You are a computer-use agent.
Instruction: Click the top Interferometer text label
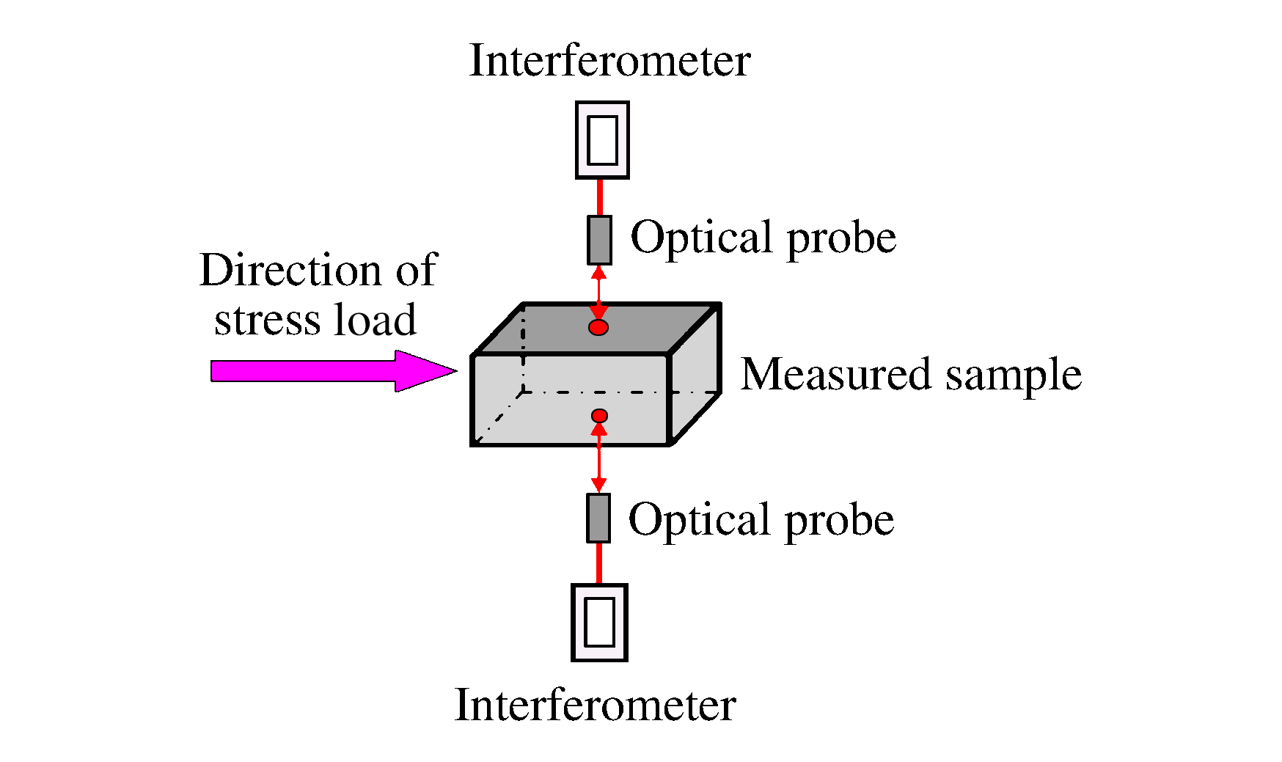point(609,60)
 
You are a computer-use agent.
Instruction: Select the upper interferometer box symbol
point(602,140)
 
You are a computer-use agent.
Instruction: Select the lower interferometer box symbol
point(599,623)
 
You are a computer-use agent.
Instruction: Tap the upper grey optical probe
point(599,240)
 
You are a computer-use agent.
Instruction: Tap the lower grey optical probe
point(598,518)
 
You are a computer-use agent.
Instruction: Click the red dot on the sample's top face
point(598,327)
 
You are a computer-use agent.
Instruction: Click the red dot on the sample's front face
point(599,416)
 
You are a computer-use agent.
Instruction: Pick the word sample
point(1013,375)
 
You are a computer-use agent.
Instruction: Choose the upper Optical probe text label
point(763,238)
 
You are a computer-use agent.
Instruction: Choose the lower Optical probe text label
point(761,520)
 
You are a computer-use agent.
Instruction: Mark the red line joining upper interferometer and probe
point(600,197)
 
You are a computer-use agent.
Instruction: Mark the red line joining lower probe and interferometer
point(599,563)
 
